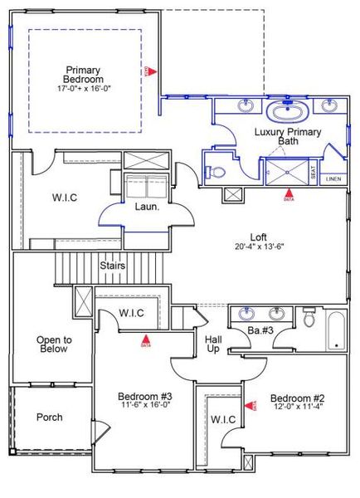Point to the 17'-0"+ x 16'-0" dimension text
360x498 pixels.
pyautogui.click(x=85, y=88)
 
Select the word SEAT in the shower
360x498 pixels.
pyautogui.click(x=313, y=172)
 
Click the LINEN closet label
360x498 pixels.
pyautogui.click(x=333, y=178)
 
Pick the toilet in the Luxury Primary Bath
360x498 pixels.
pyautogui.click(x=216, y=171)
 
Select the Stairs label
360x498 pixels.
pyautogui.click(x=113, y=266)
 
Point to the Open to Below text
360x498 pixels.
pyautogui.click(x=53, y=344)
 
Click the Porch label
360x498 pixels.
pyautogui.click(x=50, y=417)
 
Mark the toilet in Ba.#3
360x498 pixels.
pyautogui.click(x=309, y=316)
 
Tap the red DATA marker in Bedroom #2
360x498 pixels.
pyautogui.click(x=254, y=403)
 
